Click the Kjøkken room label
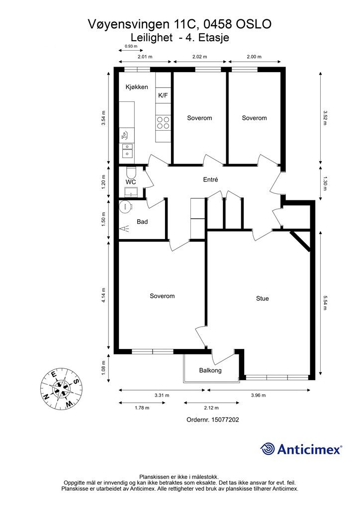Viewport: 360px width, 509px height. point(137,87)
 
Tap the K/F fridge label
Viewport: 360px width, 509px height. point(163,95)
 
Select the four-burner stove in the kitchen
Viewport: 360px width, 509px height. point(163,122)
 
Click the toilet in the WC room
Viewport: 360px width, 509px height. point(131,171)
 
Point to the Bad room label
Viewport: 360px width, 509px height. point(142,222)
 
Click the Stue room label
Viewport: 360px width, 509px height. point(262,299)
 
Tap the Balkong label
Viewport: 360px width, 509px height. point(210,370)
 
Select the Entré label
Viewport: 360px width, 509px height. point(210,179)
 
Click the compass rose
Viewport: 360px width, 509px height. point(61,388)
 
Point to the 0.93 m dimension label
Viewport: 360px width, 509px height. point(131,46)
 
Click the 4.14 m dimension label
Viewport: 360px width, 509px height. point(103,295)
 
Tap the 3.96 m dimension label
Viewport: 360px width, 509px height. point(259,395)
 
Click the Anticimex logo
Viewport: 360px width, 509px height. point(301,449)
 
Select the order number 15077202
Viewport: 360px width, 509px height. point(225,420)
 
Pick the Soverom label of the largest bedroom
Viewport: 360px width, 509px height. point(162,296)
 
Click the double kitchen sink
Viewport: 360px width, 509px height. point(127,151)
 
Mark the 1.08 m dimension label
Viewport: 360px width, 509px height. point(103,368)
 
